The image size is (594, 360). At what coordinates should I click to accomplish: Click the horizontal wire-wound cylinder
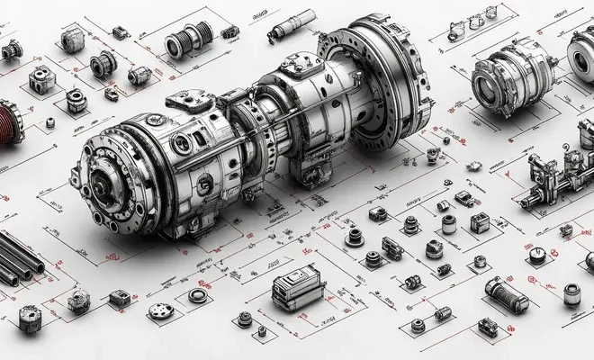507,292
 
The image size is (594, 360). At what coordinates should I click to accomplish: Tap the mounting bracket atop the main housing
188,102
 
